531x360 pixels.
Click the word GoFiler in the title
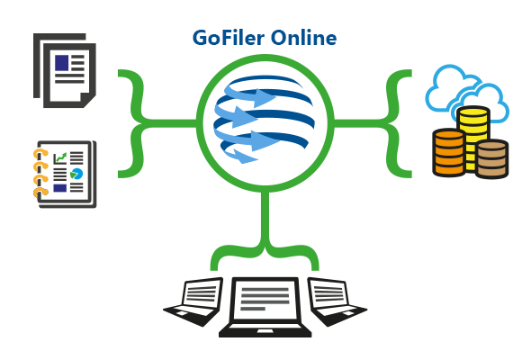[229, 37]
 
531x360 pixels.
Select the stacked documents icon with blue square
[64, 70]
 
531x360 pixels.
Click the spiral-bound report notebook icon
[65, 174]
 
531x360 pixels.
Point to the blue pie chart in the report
[76, 174]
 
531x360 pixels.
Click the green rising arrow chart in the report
[60, 157]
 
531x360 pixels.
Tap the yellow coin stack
[473, 139]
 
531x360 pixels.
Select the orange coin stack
[449, 152]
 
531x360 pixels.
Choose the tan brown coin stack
[491, 158]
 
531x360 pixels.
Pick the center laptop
[265, 307]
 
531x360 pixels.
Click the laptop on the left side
[193, 301]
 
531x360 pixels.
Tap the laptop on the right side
[337, 301]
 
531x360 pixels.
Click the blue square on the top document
[62, 63]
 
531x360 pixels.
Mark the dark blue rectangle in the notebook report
[60, 188]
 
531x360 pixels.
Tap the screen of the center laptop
[265, 299]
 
